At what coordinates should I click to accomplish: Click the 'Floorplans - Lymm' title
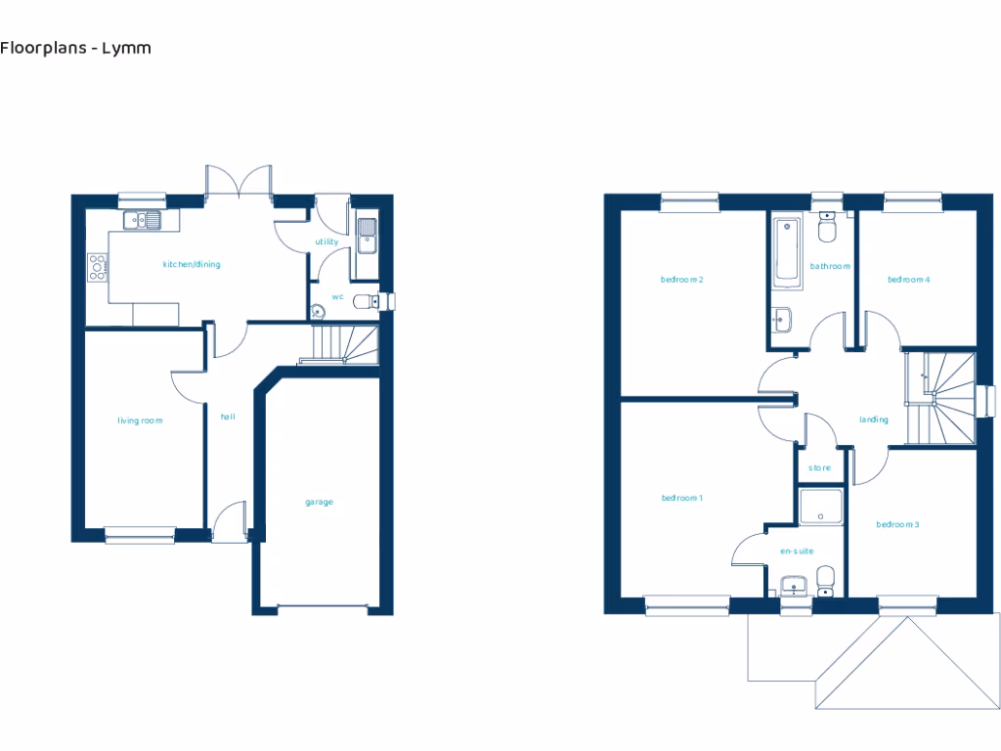75,47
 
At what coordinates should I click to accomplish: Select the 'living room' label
140,420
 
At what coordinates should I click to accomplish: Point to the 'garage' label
319,502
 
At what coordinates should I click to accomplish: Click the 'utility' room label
326,242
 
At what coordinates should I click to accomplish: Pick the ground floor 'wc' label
337,295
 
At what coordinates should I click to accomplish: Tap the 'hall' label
228,417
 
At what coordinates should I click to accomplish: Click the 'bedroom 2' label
682,280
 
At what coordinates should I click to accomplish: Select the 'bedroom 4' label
908,280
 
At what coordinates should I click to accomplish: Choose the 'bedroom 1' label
682,498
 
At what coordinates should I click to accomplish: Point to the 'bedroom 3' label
897,525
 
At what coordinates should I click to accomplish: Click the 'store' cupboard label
820,468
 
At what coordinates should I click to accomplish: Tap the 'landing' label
874,420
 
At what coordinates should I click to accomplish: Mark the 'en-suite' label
797,552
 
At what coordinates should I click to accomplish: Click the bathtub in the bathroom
787,251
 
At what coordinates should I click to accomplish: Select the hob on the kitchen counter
98,267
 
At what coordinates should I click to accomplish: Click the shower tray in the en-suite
819,507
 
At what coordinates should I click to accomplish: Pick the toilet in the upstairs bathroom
827,228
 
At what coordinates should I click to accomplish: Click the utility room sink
367,235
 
